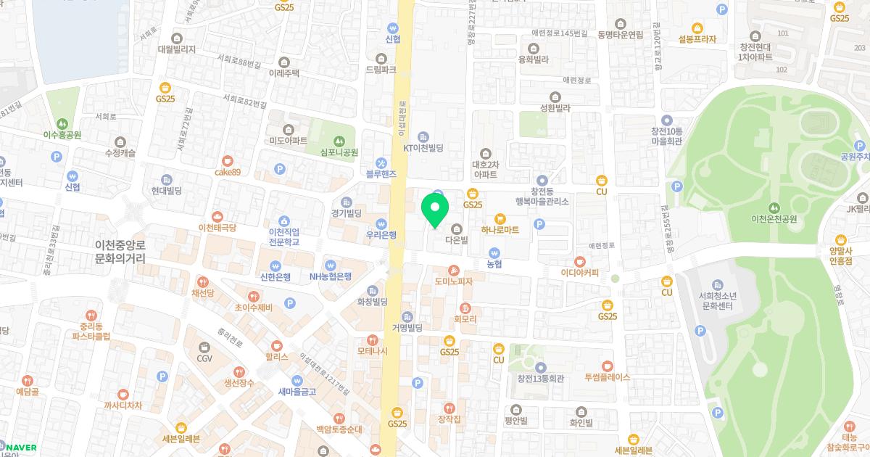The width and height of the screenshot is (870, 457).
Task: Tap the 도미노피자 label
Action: tap(454, 281)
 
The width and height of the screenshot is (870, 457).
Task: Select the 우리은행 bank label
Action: tap(381, 234)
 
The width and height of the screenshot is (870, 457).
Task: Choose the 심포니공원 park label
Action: tap(339, 152)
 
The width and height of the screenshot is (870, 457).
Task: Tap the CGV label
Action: tap(204, 358)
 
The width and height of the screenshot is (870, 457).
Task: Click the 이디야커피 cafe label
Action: tap(579, 273)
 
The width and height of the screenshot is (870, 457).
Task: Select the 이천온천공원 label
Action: tap(775, 218)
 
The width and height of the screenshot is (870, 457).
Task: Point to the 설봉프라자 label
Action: tap(697, 39)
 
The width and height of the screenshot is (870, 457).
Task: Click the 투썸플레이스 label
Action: tap(607, 377)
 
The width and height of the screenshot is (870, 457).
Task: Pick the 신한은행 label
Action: tap(275, 276)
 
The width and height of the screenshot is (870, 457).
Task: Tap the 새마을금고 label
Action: tap(297, 391)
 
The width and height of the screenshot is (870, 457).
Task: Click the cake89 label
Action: tap(227, 172)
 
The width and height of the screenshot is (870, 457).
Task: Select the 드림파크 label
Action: tap(381, 70)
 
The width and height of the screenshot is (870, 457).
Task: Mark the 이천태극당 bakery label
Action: tap(217, 227)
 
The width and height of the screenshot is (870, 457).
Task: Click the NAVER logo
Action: tap(19, 448)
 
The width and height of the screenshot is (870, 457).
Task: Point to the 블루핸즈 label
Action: tap(381, 174)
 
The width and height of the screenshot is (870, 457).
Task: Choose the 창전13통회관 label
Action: tap(540, 378)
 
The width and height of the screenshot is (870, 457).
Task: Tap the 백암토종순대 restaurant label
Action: tap(339, 429)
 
